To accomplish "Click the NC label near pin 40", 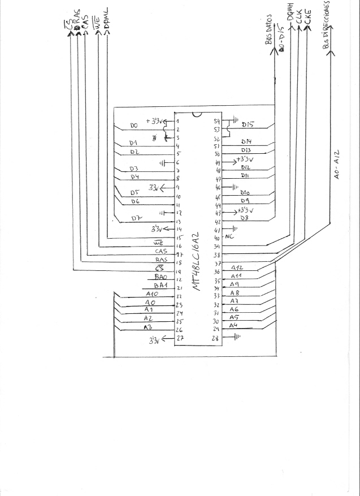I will click(x=229, y=238).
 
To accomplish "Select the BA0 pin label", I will click(x=161, y=278).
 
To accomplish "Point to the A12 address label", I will click(x=237, y=268).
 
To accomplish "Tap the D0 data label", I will click(x=134, y=126).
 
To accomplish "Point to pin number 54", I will click(x=216, y=121).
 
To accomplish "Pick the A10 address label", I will click(x=152, y=295).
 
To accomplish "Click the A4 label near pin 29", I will click(x=233, y=325).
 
